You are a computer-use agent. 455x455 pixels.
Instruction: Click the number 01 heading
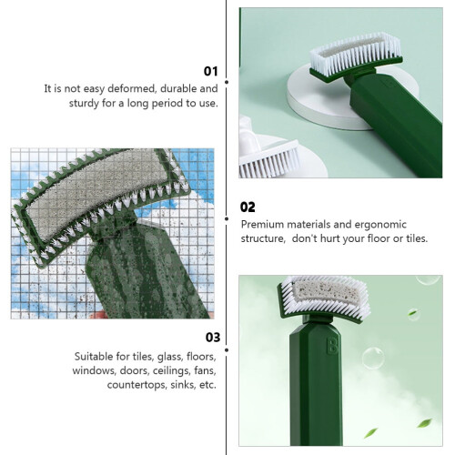click(x=211, y=71)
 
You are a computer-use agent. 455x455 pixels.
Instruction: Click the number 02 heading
click(x=248, y=207)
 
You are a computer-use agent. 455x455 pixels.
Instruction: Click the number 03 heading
click(x=213, y=338)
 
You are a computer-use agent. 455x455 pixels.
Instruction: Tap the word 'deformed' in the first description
click(x=132, y=88)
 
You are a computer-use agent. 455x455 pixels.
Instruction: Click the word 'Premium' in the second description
click(x=263, y=225)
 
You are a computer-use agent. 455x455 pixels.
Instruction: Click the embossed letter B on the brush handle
click(x=332, y=345)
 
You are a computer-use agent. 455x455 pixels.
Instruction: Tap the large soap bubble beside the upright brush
click(x=373, y=359)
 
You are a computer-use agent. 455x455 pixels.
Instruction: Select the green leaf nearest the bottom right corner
click(x=424, y=422)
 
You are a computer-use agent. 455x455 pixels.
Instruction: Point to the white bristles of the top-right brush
click(x=356, y=56)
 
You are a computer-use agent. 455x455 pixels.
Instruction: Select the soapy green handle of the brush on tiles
click(x=146, y=273)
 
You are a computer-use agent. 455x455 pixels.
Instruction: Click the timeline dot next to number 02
click(x=227, y=218)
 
